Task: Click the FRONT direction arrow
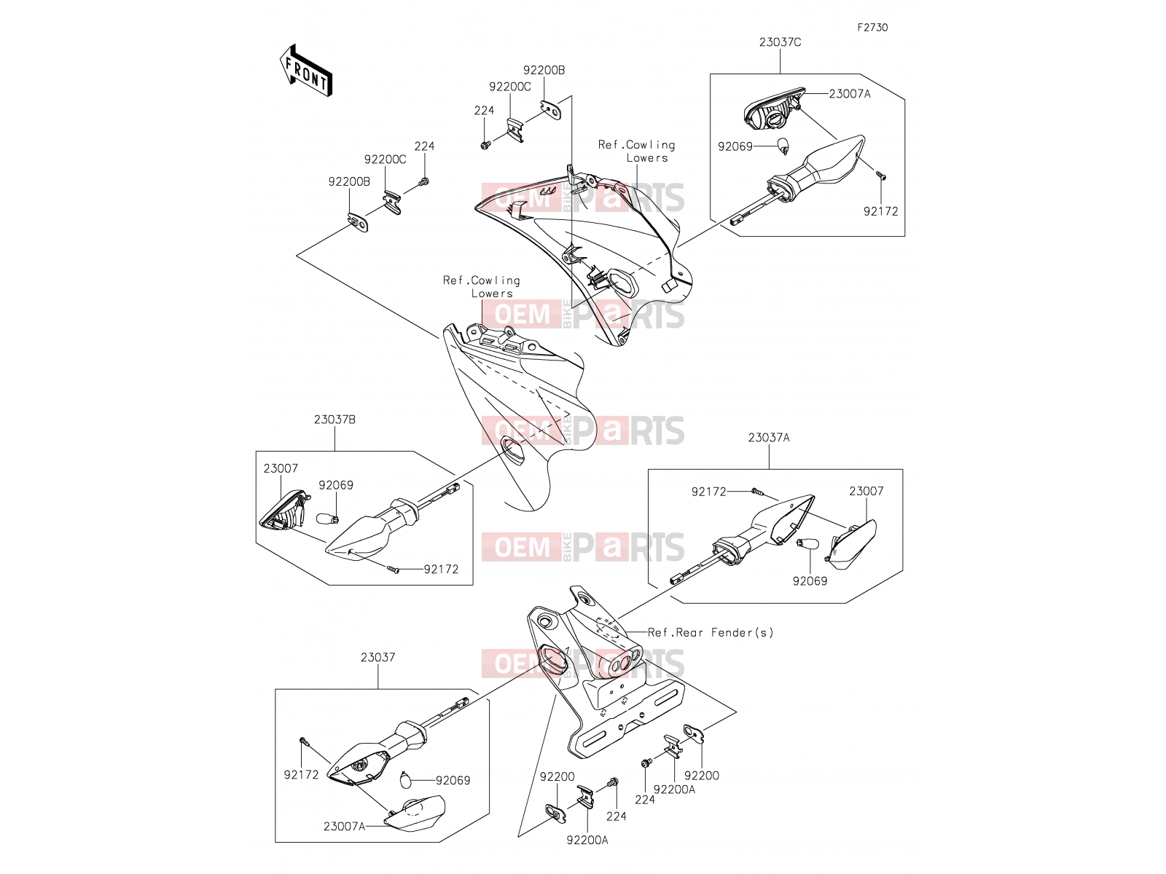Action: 306,71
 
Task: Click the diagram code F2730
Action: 872,27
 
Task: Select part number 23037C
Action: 780,42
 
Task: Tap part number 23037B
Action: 334,420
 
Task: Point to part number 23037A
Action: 769,437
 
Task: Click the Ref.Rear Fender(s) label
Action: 711,632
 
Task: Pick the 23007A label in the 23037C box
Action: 850,94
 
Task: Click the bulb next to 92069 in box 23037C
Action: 783,146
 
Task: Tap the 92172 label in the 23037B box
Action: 441,569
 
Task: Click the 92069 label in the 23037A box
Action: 810,581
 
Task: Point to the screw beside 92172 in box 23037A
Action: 757,492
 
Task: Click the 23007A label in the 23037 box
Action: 344,826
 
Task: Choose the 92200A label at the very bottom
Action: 587,840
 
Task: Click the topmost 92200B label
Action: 544,70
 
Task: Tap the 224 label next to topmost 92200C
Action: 484,111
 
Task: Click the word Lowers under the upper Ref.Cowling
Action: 647,157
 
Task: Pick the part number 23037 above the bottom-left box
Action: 378,657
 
